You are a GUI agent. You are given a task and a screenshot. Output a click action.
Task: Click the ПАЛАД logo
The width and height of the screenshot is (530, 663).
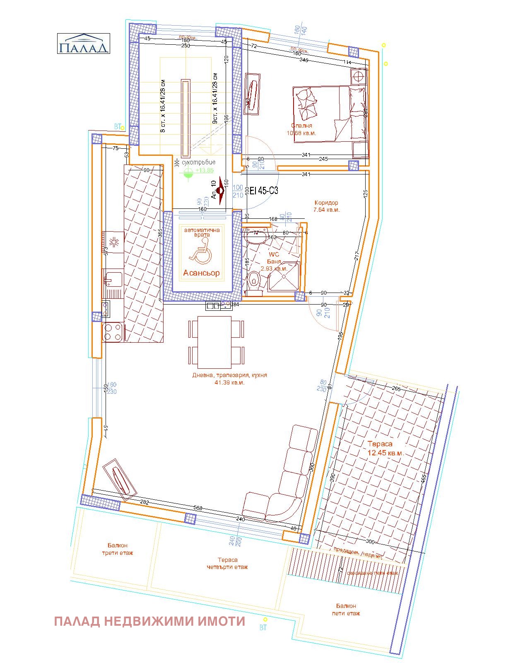click(x=83, y=44)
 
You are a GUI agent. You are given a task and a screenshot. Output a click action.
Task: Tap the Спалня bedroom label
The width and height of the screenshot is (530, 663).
click(x=301, y=129)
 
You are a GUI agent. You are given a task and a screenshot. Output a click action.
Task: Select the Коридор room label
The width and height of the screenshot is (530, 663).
click(x=326, y=206)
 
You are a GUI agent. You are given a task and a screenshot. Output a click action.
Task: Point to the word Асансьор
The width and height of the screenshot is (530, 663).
click(x=202, y=273)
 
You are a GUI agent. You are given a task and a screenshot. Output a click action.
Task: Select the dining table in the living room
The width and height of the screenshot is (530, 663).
click(x=214, y=342)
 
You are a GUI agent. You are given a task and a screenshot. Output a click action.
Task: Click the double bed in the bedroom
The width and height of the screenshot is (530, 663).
click(x=330, y=114)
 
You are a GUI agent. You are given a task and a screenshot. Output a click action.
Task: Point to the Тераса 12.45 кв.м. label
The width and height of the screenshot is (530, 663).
click(x=385, y=448)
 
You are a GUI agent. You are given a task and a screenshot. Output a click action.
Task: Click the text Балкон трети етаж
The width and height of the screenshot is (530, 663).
click(x=118, y=549)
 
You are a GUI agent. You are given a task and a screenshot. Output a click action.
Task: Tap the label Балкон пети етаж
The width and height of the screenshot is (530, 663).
click(x=346, y=610)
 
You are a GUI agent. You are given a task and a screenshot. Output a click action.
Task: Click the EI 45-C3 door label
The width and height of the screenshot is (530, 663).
click(x=264, y=191)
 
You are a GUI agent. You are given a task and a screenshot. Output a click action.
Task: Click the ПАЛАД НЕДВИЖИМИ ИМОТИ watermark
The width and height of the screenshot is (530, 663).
click(x=149, y=622)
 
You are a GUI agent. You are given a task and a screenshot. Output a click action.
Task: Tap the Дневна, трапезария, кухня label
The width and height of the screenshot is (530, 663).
click(x=229, y=378)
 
